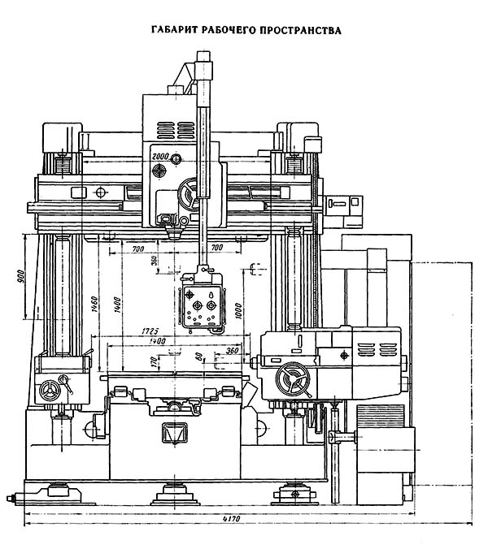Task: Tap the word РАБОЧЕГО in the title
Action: point(229,31)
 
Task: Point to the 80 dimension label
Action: point(198,356)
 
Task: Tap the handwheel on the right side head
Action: point(290,379)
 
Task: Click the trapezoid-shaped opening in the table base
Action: point(173,432)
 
